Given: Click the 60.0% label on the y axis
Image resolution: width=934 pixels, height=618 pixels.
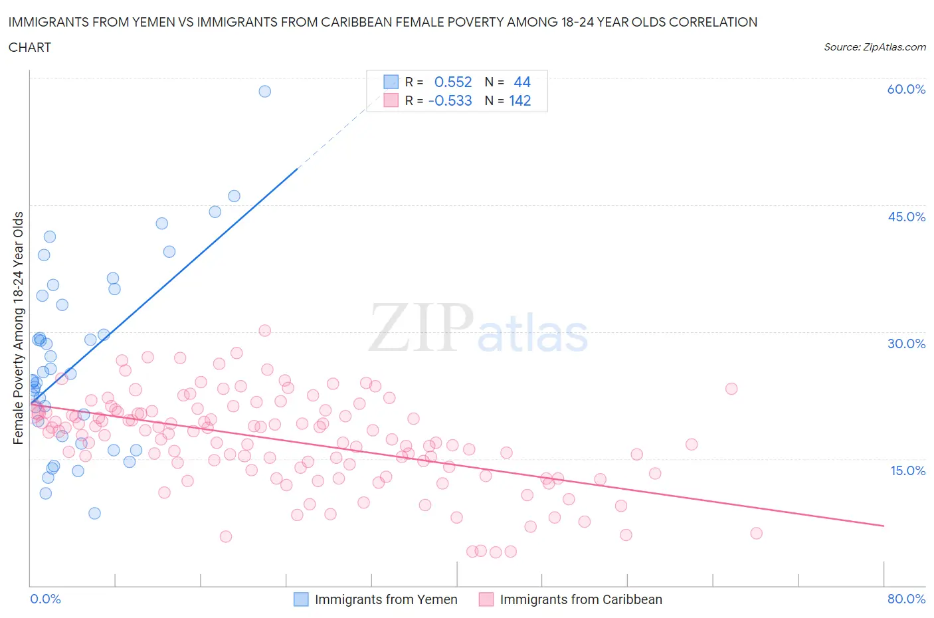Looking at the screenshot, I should click(x=906, y=89).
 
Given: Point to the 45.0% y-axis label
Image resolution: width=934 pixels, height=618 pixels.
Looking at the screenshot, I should click(x=906, y=217).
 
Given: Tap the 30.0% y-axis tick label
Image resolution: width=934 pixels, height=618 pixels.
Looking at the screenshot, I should click(x=906, y=344).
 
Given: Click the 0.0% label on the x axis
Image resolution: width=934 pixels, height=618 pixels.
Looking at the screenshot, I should click(x=46, y=599).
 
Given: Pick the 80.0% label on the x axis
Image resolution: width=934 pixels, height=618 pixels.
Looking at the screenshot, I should click(x=906, y=599).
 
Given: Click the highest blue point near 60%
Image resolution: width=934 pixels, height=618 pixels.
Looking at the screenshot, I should click(x=264, y=91).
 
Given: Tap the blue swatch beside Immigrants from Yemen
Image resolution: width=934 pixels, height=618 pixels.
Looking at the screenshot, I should click(x=301, y=599).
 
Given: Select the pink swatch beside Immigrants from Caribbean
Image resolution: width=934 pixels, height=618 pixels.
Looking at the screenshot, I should click(x=486, y=599).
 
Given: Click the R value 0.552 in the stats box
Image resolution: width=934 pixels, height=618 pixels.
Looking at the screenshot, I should click(x=452, y=82).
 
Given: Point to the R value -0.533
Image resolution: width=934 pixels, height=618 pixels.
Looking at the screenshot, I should click(x=450, y=100).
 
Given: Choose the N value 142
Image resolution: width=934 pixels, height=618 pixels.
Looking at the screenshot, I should click(x=519, y=100).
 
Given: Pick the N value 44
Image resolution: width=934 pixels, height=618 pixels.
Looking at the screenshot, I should click(x=522, y=82).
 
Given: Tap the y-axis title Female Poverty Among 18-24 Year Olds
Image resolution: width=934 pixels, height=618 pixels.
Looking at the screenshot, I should click(x=18, y=328).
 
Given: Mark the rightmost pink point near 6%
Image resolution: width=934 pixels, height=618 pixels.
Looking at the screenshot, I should click(x=756, y=533).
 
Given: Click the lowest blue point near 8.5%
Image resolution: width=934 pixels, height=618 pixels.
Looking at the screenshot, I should click(x=94, y=513).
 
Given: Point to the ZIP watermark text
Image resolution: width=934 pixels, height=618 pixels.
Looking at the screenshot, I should click(x=420, y=327).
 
